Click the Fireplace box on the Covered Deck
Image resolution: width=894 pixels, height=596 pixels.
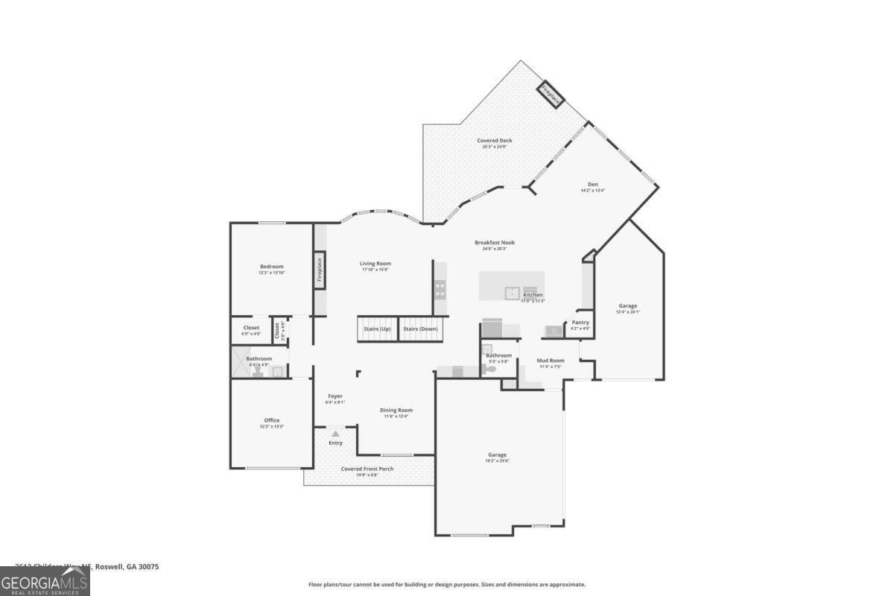pyautogui.click(x=552, y=95)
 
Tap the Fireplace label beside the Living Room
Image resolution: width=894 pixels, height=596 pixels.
pyautogui.click(x=319, y=269)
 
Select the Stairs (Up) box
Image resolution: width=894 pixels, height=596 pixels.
pyautogui.click(x=377, y=329)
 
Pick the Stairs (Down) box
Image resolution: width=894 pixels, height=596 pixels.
pyautogui.click(x=420, y=329)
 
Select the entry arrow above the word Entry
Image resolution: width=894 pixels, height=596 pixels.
pyautogui.click(x=335, y=433)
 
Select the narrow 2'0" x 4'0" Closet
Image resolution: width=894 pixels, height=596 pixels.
pyautogui.click(x=276, y=330)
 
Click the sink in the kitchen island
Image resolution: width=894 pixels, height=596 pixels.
pyautogui.click(x=513, y=293)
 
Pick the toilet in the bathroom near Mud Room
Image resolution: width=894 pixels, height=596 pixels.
pyautogui.click(x=490, y=368)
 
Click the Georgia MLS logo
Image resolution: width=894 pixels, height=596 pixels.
pyautogui.click(x=45, y=581)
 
